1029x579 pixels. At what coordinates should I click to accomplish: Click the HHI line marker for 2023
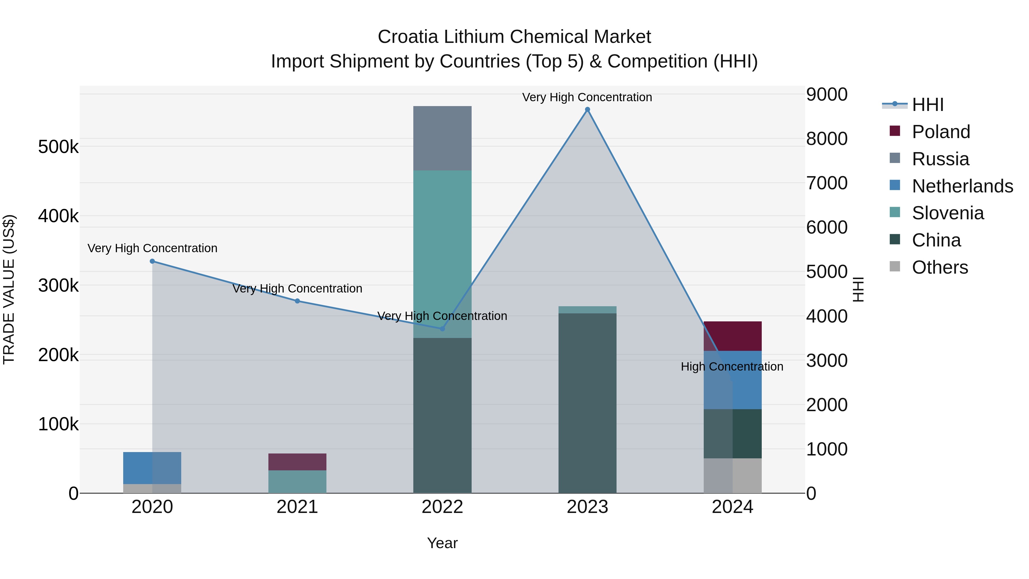point(587,110)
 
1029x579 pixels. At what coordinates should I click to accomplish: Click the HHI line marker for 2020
point(152,261)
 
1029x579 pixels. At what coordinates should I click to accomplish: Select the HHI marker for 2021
point(297,301)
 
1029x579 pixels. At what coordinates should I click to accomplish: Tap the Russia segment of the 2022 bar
point(442,138)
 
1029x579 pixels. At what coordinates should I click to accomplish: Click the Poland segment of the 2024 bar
point(733,336)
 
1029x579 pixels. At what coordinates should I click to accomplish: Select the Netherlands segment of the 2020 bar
point(152,468)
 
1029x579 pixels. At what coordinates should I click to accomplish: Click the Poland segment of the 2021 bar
point(297,462)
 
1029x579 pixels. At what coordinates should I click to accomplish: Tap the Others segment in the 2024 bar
point(733,475)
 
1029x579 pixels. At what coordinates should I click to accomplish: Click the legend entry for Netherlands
point(962,186)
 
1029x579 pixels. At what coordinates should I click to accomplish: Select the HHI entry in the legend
point(928,105)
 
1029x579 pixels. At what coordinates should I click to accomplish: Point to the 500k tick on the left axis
point(58,147)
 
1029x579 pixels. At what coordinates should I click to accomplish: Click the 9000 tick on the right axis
point(826,95)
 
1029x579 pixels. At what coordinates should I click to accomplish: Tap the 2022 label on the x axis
point(442,507)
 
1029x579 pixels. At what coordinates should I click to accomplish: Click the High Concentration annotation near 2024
point(732,367)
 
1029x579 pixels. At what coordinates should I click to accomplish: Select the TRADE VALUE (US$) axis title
point(9,289)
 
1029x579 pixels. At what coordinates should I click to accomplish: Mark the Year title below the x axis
point(442,543)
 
